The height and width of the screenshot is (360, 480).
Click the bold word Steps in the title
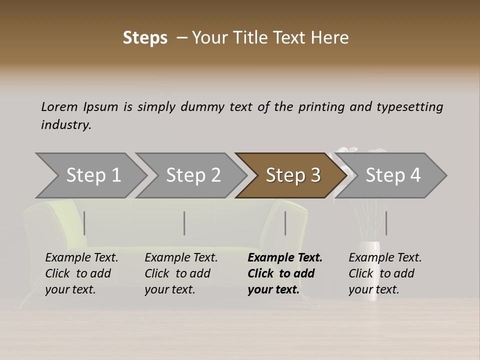(x=145, y=38)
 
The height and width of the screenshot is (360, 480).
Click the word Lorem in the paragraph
(x=59, y=106)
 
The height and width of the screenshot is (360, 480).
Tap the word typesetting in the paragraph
(x=409, y=106)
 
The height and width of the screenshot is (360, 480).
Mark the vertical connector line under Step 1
(x=84, y=223)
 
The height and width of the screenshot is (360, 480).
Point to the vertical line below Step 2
(x=184, y=223)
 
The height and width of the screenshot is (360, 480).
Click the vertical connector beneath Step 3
(x=285, y=223)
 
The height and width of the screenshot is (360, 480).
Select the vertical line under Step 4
(x=386, y=223)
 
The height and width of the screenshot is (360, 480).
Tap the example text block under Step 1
(x=81, y=273)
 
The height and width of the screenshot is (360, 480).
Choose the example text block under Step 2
(x=180, y=273)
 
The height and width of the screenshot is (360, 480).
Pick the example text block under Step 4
(x=384, y=273)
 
